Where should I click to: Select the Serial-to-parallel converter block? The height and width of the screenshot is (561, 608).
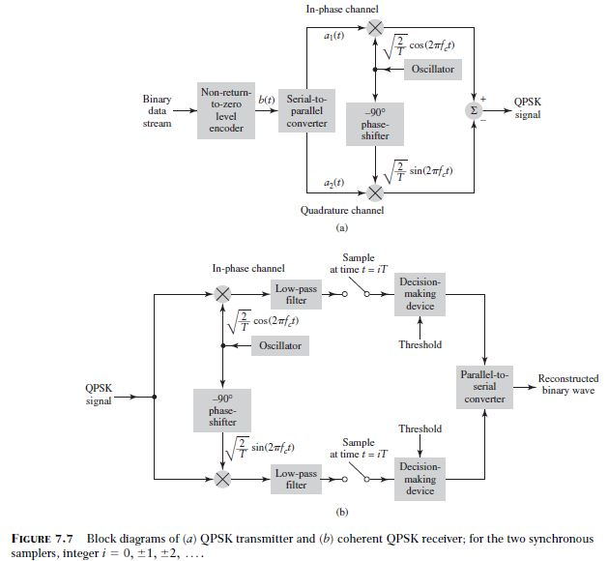point(307,111)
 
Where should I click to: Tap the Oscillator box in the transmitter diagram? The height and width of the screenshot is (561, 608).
point(432,70)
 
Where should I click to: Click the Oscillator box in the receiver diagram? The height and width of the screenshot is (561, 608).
point(279,345)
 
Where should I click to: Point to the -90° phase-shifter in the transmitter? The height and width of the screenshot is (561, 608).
point(375,124)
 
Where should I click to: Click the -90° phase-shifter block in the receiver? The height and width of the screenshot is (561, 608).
point(223,408)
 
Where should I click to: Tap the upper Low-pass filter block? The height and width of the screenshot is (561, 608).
point(295,294)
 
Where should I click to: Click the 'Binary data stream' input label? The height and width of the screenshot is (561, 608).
point(158,111)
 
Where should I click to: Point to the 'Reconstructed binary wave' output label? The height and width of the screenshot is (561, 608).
point(567,385)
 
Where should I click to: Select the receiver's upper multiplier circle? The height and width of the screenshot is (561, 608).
point(223,294)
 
